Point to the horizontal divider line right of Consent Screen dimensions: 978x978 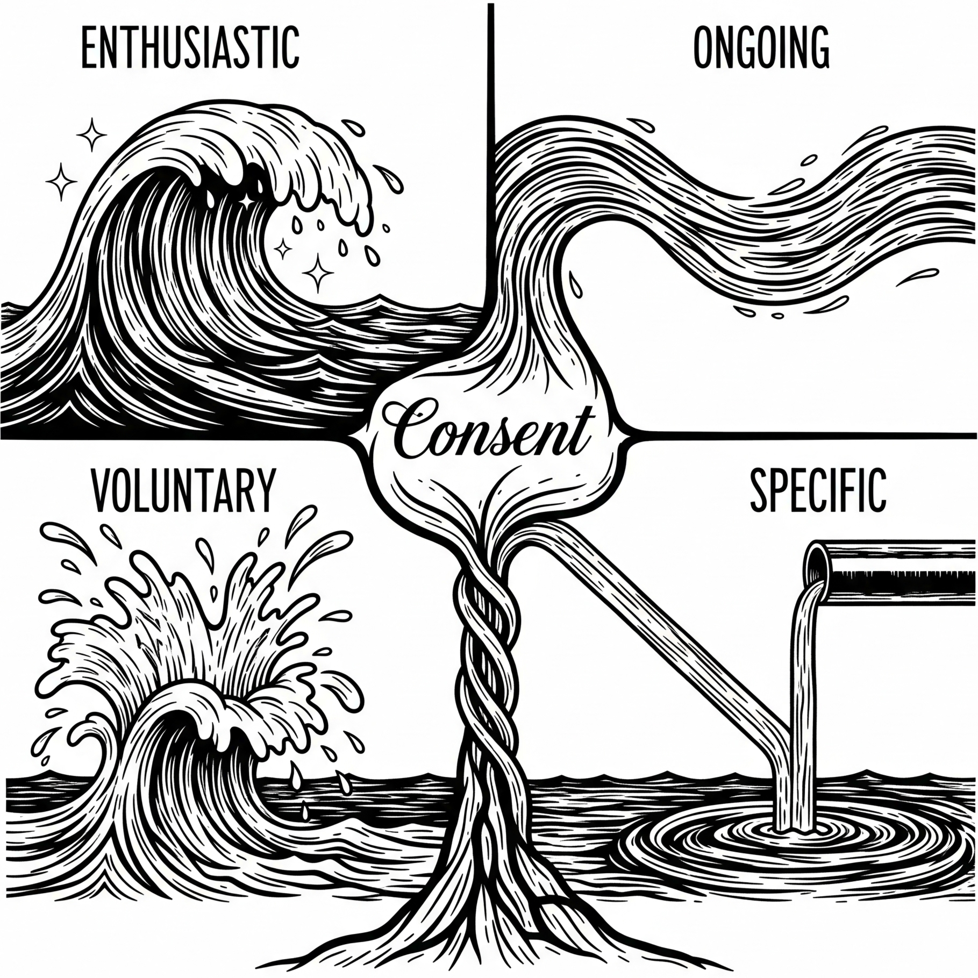pyautogui.click(x=806, y=431)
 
